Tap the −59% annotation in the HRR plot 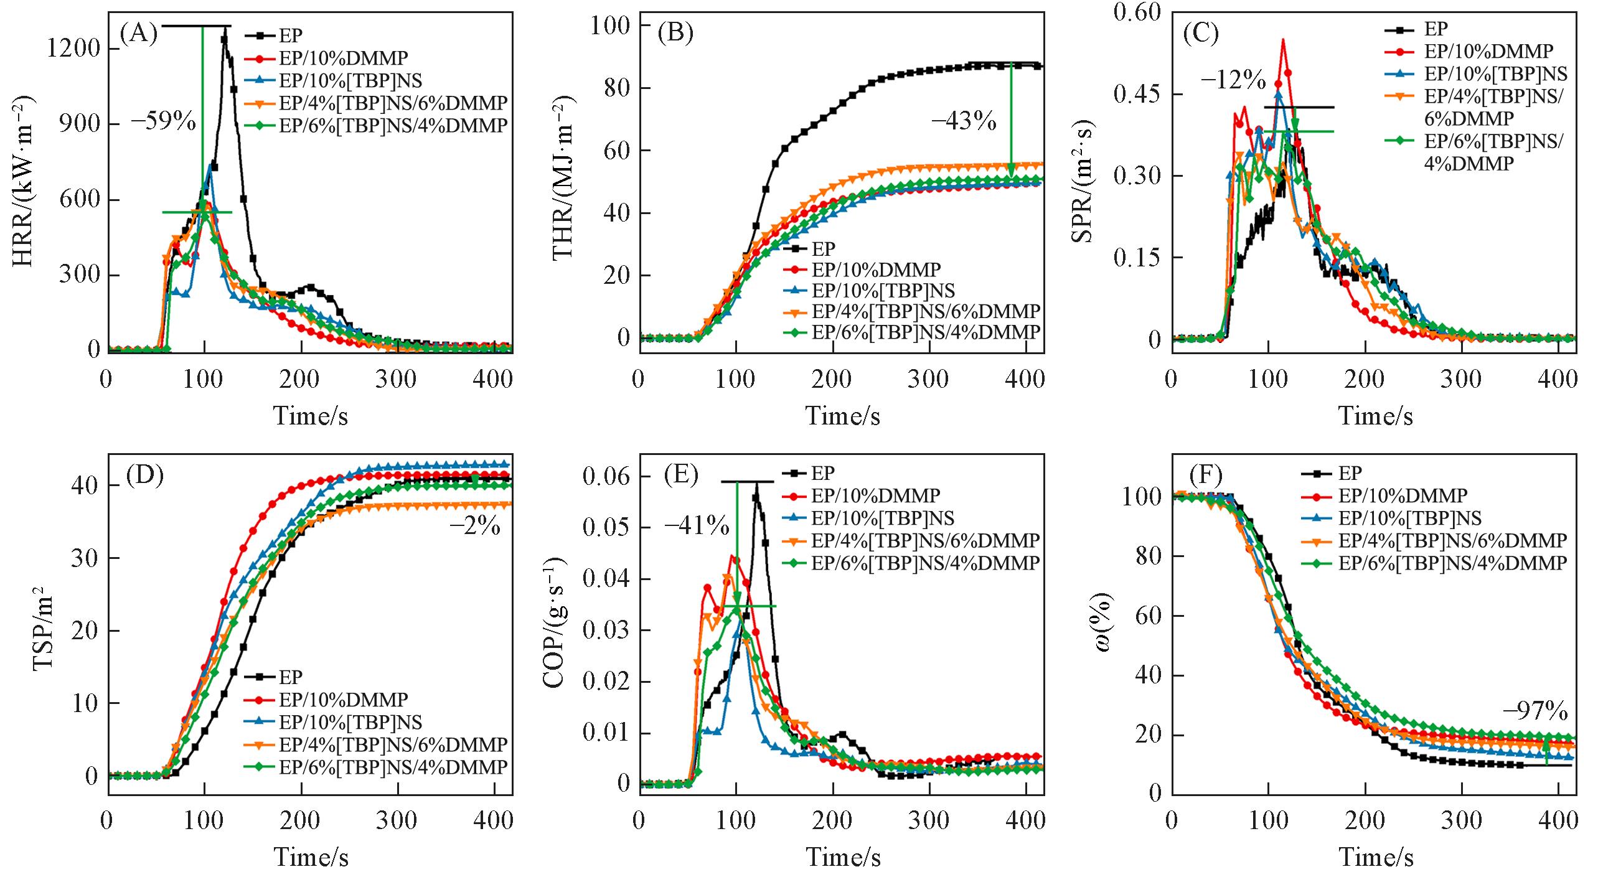click(x=163, y=121)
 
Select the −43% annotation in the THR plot click(x=964, y=121)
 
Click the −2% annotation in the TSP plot click(x=475, y=527)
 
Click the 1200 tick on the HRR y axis click(x=73, y=49)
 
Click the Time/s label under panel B click(x=843, y=416)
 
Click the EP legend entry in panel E click(x=822, y=473)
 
